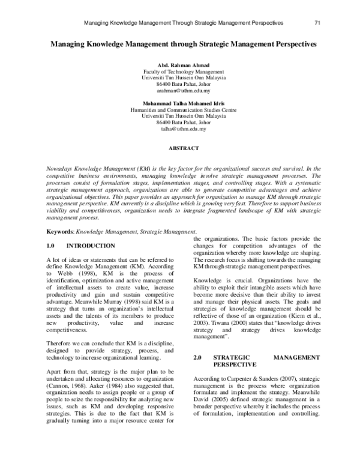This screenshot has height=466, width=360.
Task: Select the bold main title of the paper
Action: click(x=179, y=44)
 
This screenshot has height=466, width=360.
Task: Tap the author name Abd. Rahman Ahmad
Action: click(x=179, y=65)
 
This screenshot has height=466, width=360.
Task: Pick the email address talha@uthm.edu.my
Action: click(x=179, y=129)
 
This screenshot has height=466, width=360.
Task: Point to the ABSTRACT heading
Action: click(x=179, y=147)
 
